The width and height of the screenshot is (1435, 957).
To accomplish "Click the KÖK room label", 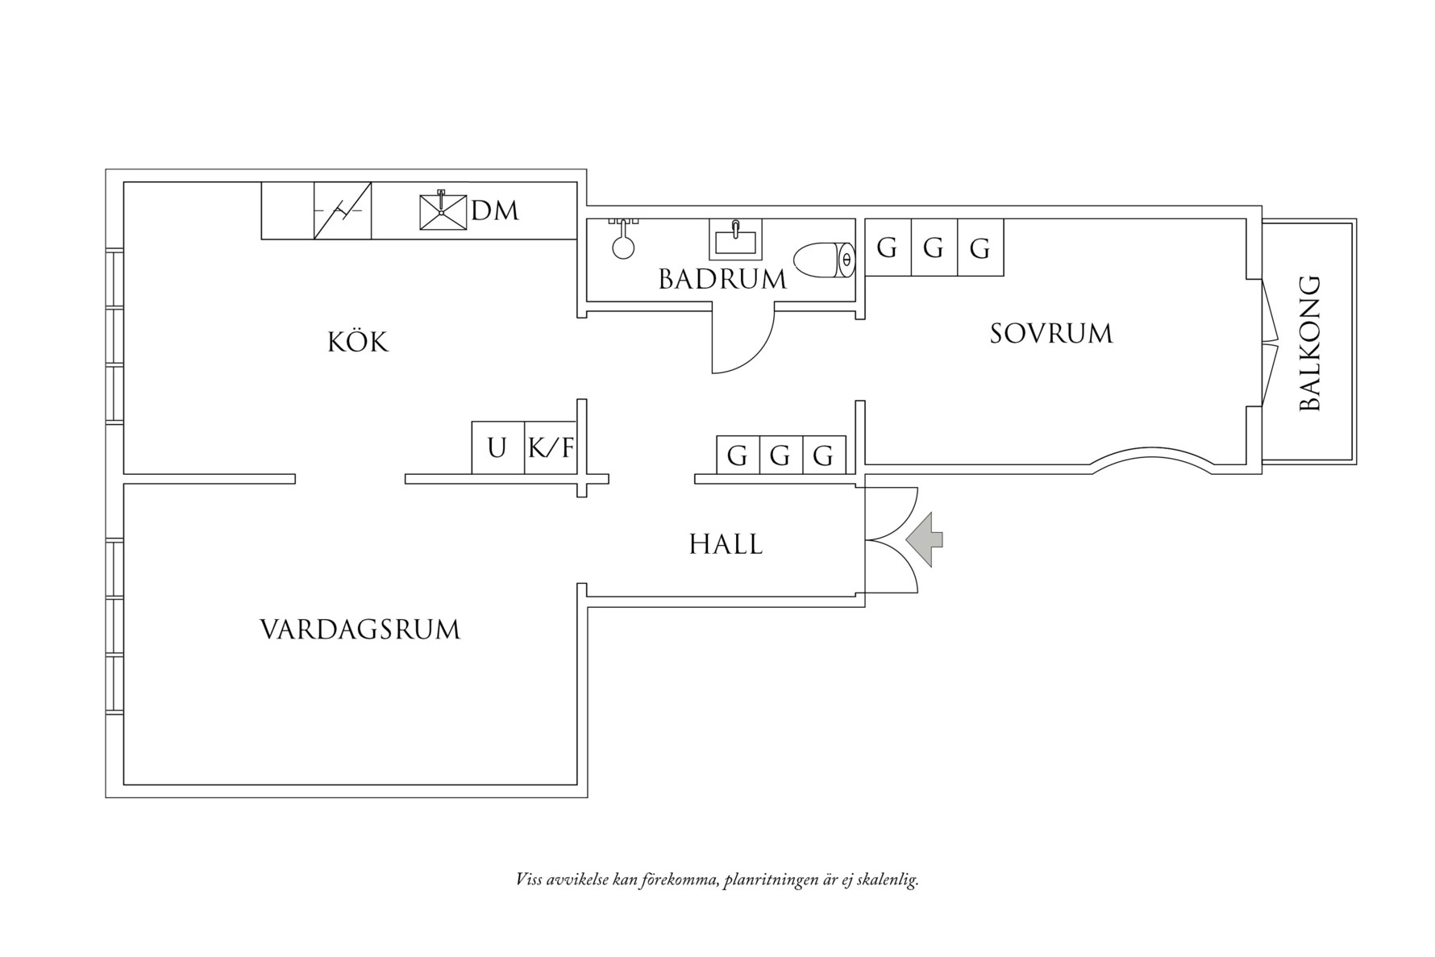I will coord(358,343).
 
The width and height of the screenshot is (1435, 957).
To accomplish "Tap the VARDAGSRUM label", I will coord(360,630).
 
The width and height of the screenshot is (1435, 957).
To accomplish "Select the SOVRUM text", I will coord(1050,334).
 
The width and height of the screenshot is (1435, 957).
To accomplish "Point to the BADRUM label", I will coord(722,280).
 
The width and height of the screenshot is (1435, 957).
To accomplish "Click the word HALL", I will coord(726,544).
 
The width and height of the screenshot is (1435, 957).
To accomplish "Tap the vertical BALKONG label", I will coord(1311,343).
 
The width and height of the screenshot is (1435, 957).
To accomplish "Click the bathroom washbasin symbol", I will coord(734,239).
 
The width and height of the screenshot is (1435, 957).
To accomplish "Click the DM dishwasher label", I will coord(495,211).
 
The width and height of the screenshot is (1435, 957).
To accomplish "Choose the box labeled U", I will coord(497,447).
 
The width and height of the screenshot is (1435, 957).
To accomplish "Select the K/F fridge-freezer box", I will coord(551,447).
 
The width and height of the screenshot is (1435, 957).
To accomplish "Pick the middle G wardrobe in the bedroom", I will coord(934,248).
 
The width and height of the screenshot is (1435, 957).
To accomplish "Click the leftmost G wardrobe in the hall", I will coord(738,456).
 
